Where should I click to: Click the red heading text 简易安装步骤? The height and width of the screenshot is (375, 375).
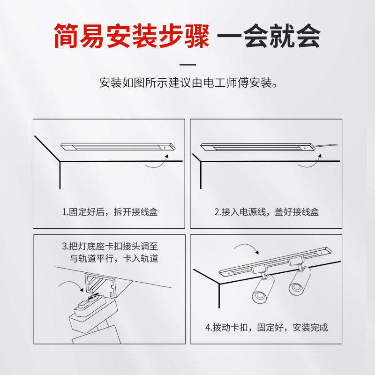tap(131, 36)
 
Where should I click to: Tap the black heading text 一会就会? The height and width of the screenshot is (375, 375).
tap(270, 36)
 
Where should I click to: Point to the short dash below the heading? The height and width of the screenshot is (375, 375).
tap(187, 65)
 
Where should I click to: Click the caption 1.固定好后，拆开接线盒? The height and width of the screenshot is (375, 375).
tap(110, 212)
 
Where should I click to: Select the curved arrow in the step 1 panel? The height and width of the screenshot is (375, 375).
tap(157, 162)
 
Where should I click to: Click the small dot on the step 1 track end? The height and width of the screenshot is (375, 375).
tap(165, 147)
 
